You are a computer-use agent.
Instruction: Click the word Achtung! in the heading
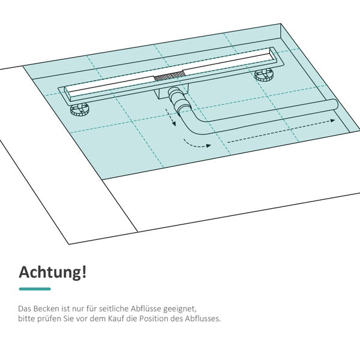tap(53, 272)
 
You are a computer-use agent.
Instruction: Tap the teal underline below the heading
tap(35, 289)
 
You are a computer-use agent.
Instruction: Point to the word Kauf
tap(130, 319)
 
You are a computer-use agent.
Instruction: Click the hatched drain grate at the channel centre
tap(169, 76)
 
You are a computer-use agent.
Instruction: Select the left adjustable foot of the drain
tap(79, 109)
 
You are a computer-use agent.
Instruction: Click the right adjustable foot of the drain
tap(264, 76)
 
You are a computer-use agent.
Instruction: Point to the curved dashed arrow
tap(196, 145)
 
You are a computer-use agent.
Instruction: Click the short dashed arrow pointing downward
tap(171, 118)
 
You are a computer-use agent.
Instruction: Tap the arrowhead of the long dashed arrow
tap(332, 121)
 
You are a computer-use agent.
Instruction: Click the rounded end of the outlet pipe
tap(334, 105)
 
